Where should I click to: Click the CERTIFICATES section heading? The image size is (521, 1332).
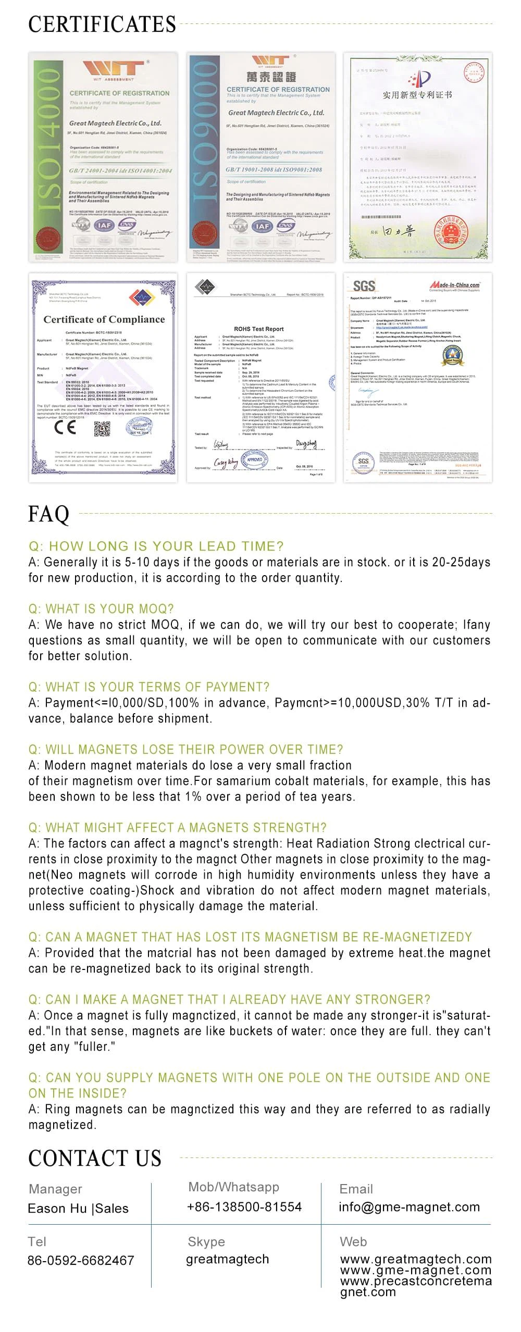tap(102, 24)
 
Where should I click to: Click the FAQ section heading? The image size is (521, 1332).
tap(48, 514)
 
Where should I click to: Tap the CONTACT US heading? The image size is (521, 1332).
tap(95, 1158)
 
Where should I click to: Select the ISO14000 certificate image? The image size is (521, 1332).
tap(103, 157)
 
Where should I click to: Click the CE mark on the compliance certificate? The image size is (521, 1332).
tap(65, 427)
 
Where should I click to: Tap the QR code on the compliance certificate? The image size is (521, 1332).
tap(102, 428)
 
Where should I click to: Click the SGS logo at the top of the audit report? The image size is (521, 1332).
tap(364, 285)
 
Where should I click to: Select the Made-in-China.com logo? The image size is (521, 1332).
tap(454, 285)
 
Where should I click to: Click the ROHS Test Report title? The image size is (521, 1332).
tap(259, 329)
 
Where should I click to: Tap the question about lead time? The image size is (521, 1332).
tap(156, 546)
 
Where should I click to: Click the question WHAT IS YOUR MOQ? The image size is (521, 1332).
tap(101, 608)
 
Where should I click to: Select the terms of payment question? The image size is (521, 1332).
tap(149, 687)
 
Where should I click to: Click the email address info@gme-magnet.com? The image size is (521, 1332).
tap(409, 1207)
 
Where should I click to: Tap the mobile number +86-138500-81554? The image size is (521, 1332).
tap(244, 1207)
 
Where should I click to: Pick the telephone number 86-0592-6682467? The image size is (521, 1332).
tap(81, 1260)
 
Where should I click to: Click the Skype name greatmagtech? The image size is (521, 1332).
tap(227, 1259)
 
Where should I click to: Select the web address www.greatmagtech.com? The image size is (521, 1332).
tap(416, 1259)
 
